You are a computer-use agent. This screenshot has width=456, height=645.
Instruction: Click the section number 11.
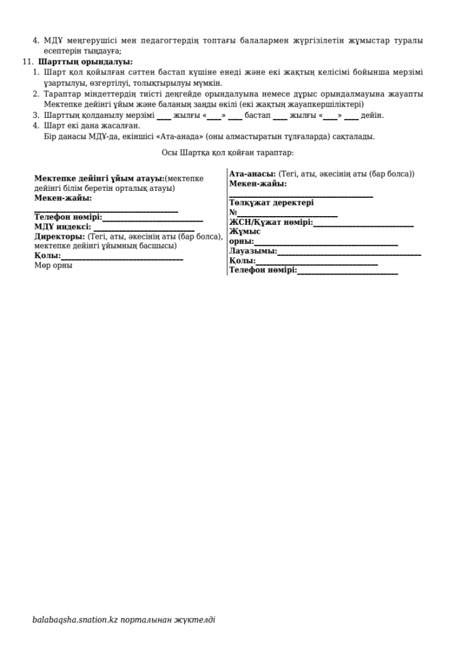point(26,62)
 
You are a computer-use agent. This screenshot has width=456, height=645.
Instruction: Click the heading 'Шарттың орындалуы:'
point(86,62)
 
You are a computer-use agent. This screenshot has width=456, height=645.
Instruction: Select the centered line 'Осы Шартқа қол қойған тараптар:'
point(227,152)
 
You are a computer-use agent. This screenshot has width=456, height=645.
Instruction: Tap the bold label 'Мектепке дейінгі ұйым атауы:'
point(99,179)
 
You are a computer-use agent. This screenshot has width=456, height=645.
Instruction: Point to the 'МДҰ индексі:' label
point(63,227)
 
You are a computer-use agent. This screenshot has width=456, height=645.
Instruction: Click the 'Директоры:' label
point(60,236)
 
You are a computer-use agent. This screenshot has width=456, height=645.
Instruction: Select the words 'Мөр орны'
point(53,265)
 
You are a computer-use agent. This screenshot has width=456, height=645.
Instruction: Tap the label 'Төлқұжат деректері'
point(271,203)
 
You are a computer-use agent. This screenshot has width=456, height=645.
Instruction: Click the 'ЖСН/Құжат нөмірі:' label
point(271,222)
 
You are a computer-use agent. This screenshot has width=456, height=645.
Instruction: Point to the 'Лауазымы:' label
point(253,251)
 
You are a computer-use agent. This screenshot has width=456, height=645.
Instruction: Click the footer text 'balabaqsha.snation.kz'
point(76,620)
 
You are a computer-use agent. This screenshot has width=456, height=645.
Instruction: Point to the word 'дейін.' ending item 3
point(373,115)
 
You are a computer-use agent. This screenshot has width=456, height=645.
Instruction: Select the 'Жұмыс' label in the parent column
point(245,231)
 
